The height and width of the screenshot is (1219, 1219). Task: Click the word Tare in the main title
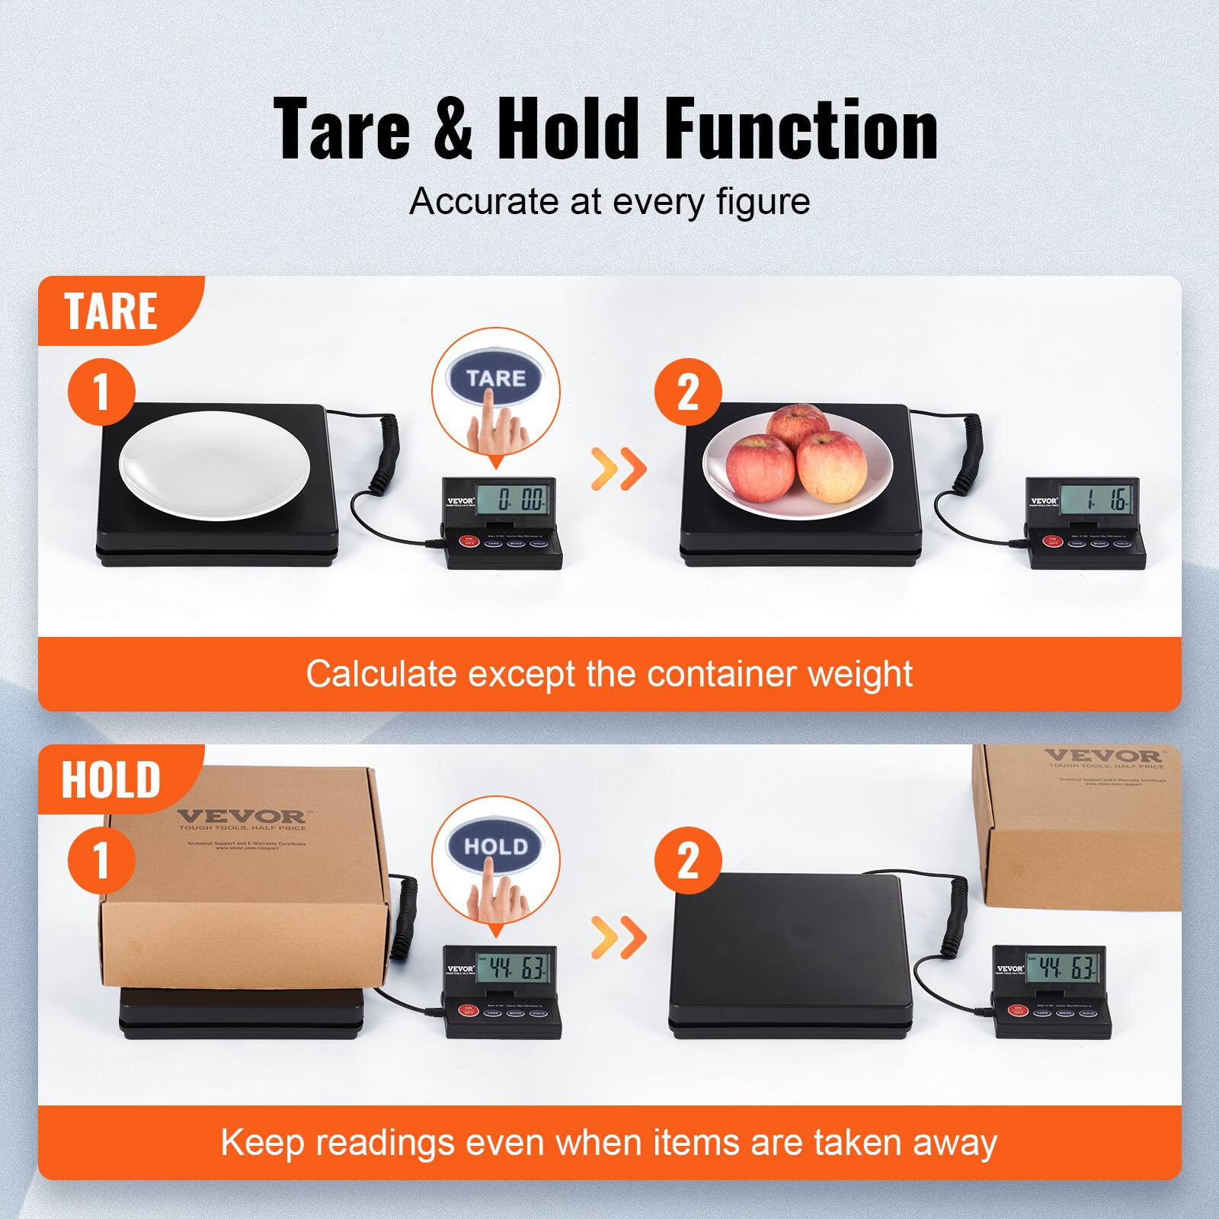tap(342, 130)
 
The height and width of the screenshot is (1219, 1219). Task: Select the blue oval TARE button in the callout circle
tap(496, 378)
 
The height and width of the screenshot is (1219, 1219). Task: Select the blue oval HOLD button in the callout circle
tap(496, 846)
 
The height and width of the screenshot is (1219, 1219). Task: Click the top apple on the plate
tap(798, 428)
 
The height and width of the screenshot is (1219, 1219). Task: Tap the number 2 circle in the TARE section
tap(688, 393)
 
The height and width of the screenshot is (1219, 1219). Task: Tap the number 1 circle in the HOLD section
tap(101, 861)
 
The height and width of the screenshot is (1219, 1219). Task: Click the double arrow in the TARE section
tap(619, 469)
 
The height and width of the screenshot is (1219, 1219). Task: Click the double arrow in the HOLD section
tap(619, 938)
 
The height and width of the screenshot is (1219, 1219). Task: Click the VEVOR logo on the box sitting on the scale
tap(242, 817)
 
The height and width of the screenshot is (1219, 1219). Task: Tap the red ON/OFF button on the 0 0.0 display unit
tap(469, 542)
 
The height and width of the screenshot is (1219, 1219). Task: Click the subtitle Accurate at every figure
tap(609, 202)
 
